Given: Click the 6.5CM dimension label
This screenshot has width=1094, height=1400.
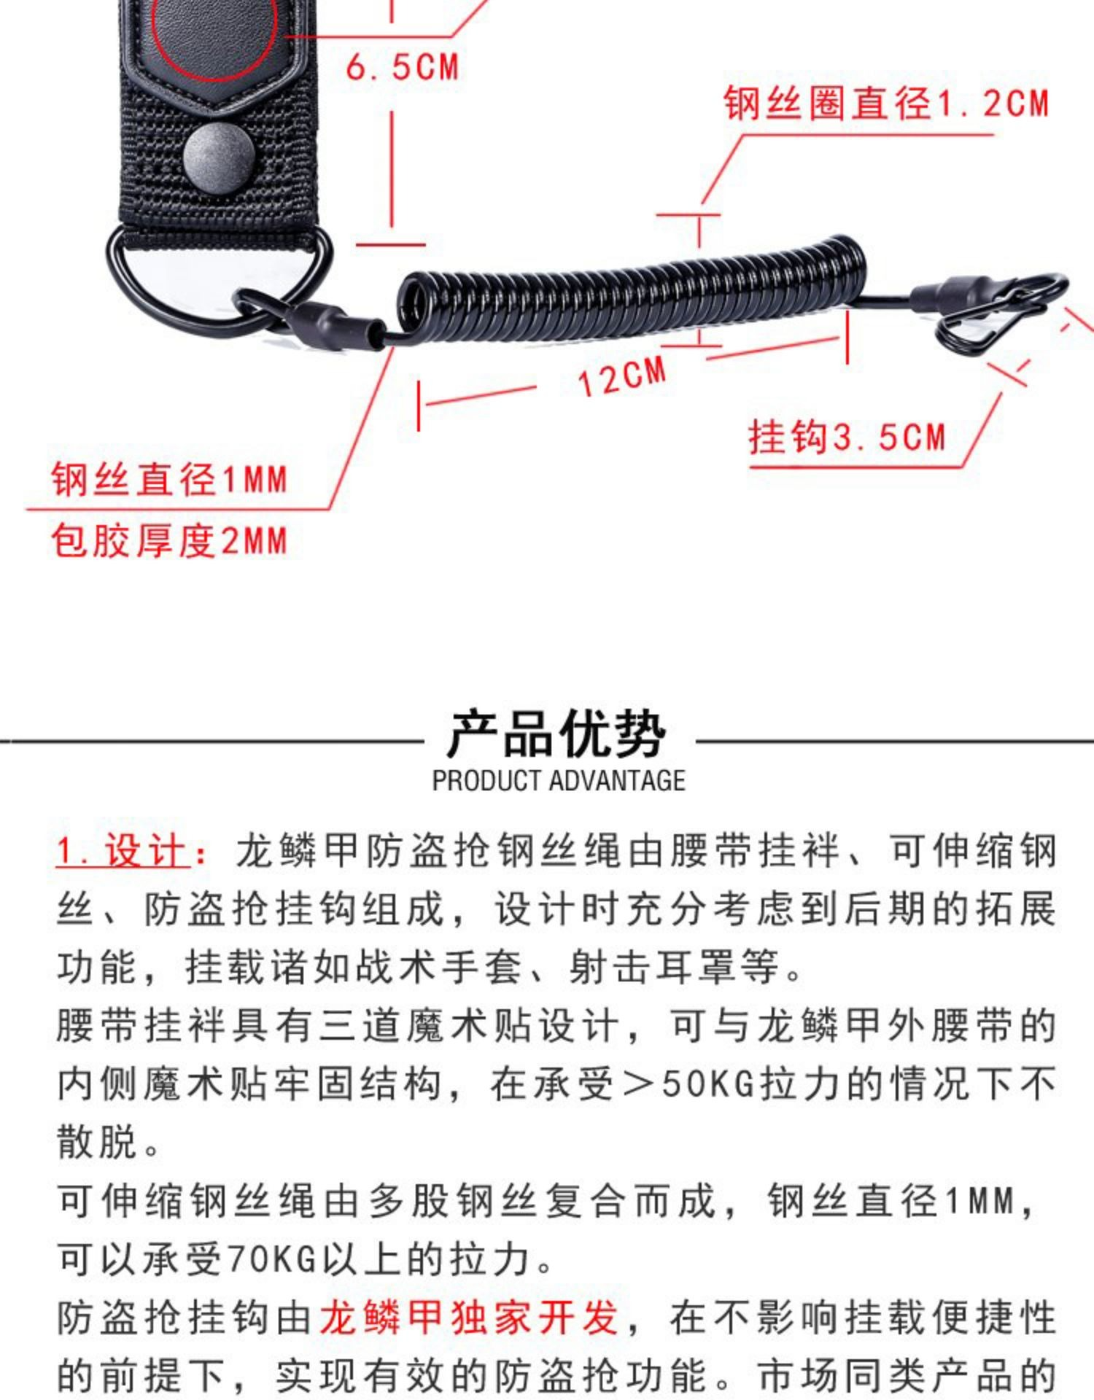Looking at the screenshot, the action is click(x=402, y=67).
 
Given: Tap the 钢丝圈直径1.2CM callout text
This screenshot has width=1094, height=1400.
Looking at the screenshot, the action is click(x=887, y=103).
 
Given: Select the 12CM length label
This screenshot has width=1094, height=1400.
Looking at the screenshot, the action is click(x=622, y=376).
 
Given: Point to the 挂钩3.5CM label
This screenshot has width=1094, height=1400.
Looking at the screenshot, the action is click(x=847, y=437).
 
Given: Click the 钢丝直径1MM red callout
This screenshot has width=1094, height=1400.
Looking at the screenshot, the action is click(x=169, y=480).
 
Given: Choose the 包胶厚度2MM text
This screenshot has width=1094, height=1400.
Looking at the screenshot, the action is click(x=169, y=541).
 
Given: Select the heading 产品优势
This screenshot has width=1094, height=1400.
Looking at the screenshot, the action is click(x=556, y=734).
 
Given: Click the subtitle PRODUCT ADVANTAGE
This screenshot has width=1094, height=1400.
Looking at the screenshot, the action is click(x=559, y=781).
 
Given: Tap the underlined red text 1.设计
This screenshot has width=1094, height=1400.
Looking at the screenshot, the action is click(x=123, y=852).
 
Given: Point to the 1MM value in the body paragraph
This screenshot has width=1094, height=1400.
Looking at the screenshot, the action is click(x=980, y=1201).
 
